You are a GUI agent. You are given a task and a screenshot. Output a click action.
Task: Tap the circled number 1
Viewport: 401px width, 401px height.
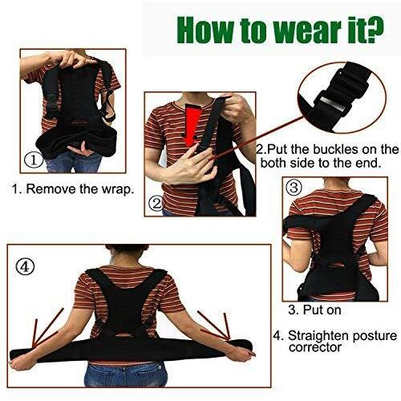pyautogui.click(x=34, y=160)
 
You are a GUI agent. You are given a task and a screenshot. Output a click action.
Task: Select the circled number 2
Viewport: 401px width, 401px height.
pyautogui.click(x=156, y=205)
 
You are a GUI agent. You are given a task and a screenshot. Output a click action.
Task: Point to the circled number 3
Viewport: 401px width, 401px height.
pyautogui.click(x=294, y=188)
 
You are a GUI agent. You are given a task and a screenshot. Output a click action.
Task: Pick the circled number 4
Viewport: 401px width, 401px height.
pyautogui.click(x=25, y=267)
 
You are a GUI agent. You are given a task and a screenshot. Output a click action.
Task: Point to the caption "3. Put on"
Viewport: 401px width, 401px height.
pyautogui.click(x=314, y=310)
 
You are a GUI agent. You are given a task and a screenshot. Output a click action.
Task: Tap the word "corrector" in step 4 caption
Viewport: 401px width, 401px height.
pyautogui.click(x=315, y=348)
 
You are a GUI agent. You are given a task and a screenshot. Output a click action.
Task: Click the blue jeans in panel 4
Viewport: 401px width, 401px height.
pyautogui.click(x=124, y=375)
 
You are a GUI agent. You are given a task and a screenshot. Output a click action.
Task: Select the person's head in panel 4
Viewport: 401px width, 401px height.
pyautogui.click(x=127, y=253)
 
